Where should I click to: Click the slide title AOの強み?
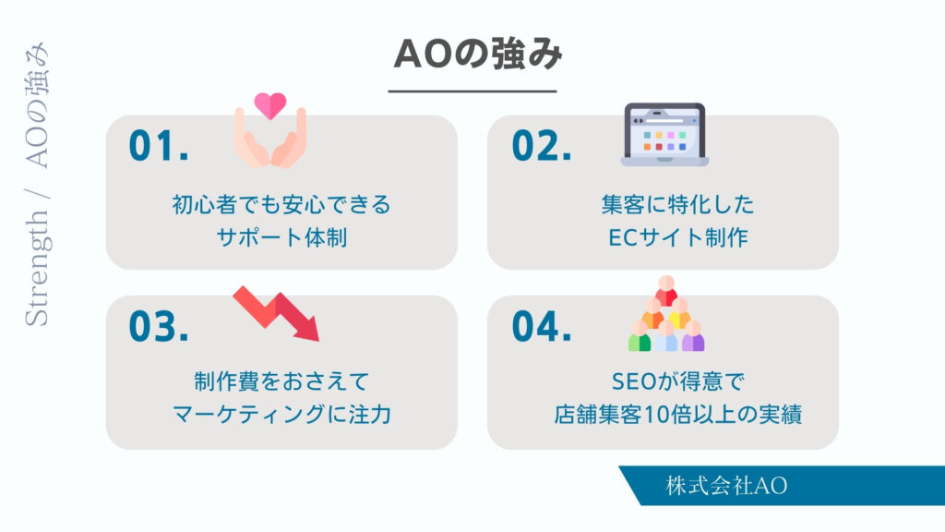(477, 54)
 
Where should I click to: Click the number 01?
(159, 145)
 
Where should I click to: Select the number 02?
(541, 145)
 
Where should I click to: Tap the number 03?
(159, 326)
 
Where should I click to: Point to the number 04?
(541, 326)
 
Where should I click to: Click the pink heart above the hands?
(270, 105)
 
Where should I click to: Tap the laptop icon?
(664, 135)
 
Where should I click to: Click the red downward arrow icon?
(276, 314)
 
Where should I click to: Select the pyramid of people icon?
(666, 314)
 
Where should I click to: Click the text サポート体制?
(281, 237)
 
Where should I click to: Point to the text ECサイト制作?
(678, 237)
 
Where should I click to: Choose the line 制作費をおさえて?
(281, 381)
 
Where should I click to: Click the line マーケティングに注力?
(281, 415)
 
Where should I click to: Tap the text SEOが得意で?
(678, 381)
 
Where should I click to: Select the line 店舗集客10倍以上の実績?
(678, 415)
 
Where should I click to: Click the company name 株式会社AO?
(726, 486)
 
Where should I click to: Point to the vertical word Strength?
(37, 268)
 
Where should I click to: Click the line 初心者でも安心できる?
(281, 204)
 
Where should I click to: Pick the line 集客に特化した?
(678, 204)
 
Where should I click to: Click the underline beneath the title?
(472, 91)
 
